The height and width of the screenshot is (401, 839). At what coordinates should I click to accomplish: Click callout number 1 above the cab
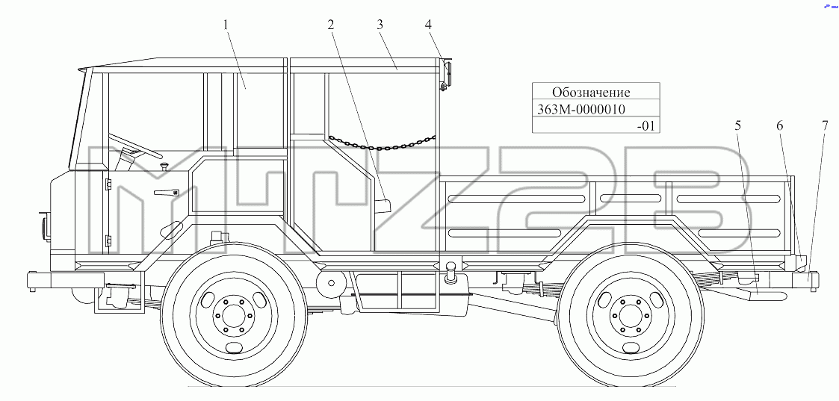[x=226, y=25]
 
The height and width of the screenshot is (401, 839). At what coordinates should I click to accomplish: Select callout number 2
[x=331, y=25]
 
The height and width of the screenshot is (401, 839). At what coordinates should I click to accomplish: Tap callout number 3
[x=380, y=25]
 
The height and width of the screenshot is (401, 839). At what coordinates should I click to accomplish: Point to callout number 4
[x=428, y=25]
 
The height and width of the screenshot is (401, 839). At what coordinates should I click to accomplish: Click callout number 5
[x=738, y=125]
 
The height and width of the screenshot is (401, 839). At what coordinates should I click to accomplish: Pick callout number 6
[x=779, y=125]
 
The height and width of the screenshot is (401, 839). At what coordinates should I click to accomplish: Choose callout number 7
[x=825, y=125]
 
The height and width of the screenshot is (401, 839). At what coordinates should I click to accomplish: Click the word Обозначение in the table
[x=591, y=92]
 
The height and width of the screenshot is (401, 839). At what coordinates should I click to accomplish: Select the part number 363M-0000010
[x=580, y=109]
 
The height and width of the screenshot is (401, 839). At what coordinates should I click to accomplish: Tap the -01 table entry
[x=645, y=126]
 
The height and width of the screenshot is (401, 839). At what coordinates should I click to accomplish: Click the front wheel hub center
[x=231, y=317]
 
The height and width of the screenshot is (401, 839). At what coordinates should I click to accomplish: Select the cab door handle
[x=166, y=193]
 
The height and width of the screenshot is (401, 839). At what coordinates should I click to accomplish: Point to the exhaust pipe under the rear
[x=765, y=293]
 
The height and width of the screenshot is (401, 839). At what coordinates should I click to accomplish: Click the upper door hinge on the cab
[x=108, y=184]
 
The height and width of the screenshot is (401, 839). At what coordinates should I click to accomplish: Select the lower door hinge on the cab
[x=108, y=240]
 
